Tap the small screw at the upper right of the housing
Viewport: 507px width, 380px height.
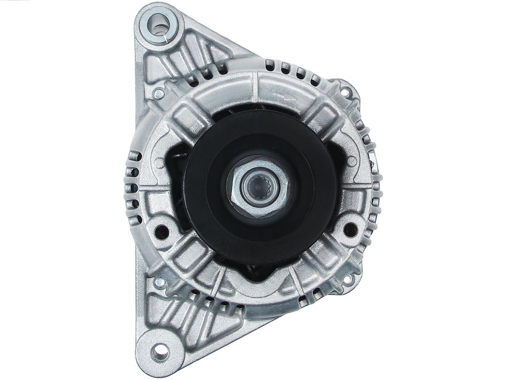(x=347, y=87)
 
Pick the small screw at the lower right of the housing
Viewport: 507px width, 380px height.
(x=347, y=280)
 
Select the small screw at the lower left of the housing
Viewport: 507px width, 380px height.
(x=159, y=283)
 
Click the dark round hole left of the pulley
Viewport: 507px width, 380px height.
(x=161, y=230)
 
